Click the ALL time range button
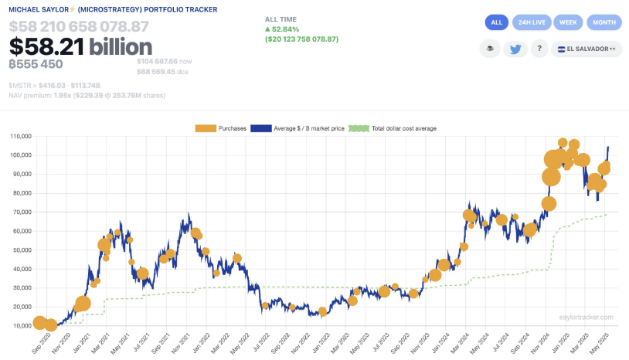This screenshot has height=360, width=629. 497,22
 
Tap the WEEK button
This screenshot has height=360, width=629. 568,22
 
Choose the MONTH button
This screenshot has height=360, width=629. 604,22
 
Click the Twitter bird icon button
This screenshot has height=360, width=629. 515,49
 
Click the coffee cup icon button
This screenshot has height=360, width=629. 488,49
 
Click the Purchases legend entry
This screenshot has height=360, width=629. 222,128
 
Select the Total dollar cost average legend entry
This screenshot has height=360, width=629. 393,128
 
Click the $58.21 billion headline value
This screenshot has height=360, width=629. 81,47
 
